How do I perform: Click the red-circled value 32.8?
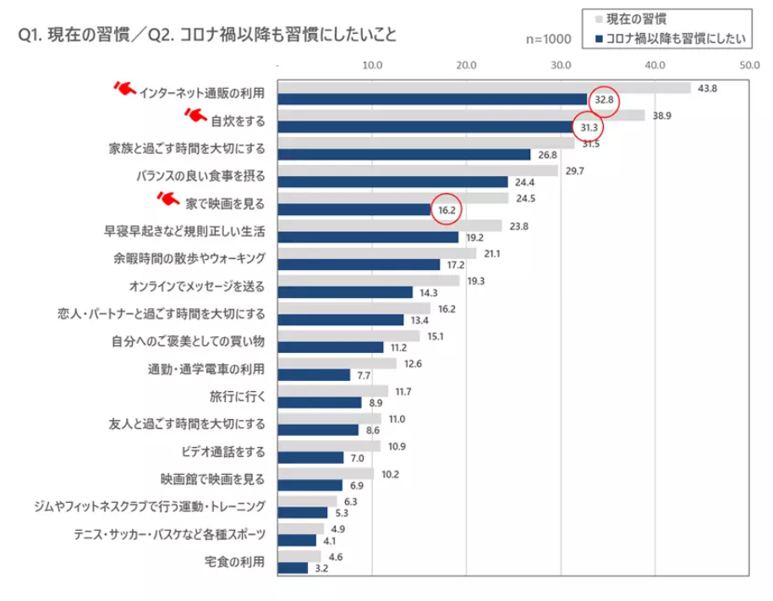coord(604,100)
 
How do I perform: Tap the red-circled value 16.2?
coord(446,209)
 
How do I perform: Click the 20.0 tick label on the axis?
coord(466,64)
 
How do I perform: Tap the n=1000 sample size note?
coord(548,39)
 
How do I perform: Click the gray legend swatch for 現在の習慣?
coord(598,18)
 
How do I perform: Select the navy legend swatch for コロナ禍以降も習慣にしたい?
coord(598,38)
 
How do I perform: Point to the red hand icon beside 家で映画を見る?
coord(170,198)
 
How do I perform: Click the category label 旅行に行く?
coord(237,395)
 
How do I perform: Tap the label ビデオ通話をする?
coord(222,450)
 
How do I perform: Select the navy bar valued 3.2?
coord(293,568)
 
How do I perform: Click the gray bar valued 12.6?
coord(337,363)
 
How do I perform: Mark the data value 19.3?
coord(475,280)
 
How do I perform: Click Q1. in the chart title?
coord(30,36)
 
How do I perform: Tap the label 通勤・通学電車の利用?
coord(208,368)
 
